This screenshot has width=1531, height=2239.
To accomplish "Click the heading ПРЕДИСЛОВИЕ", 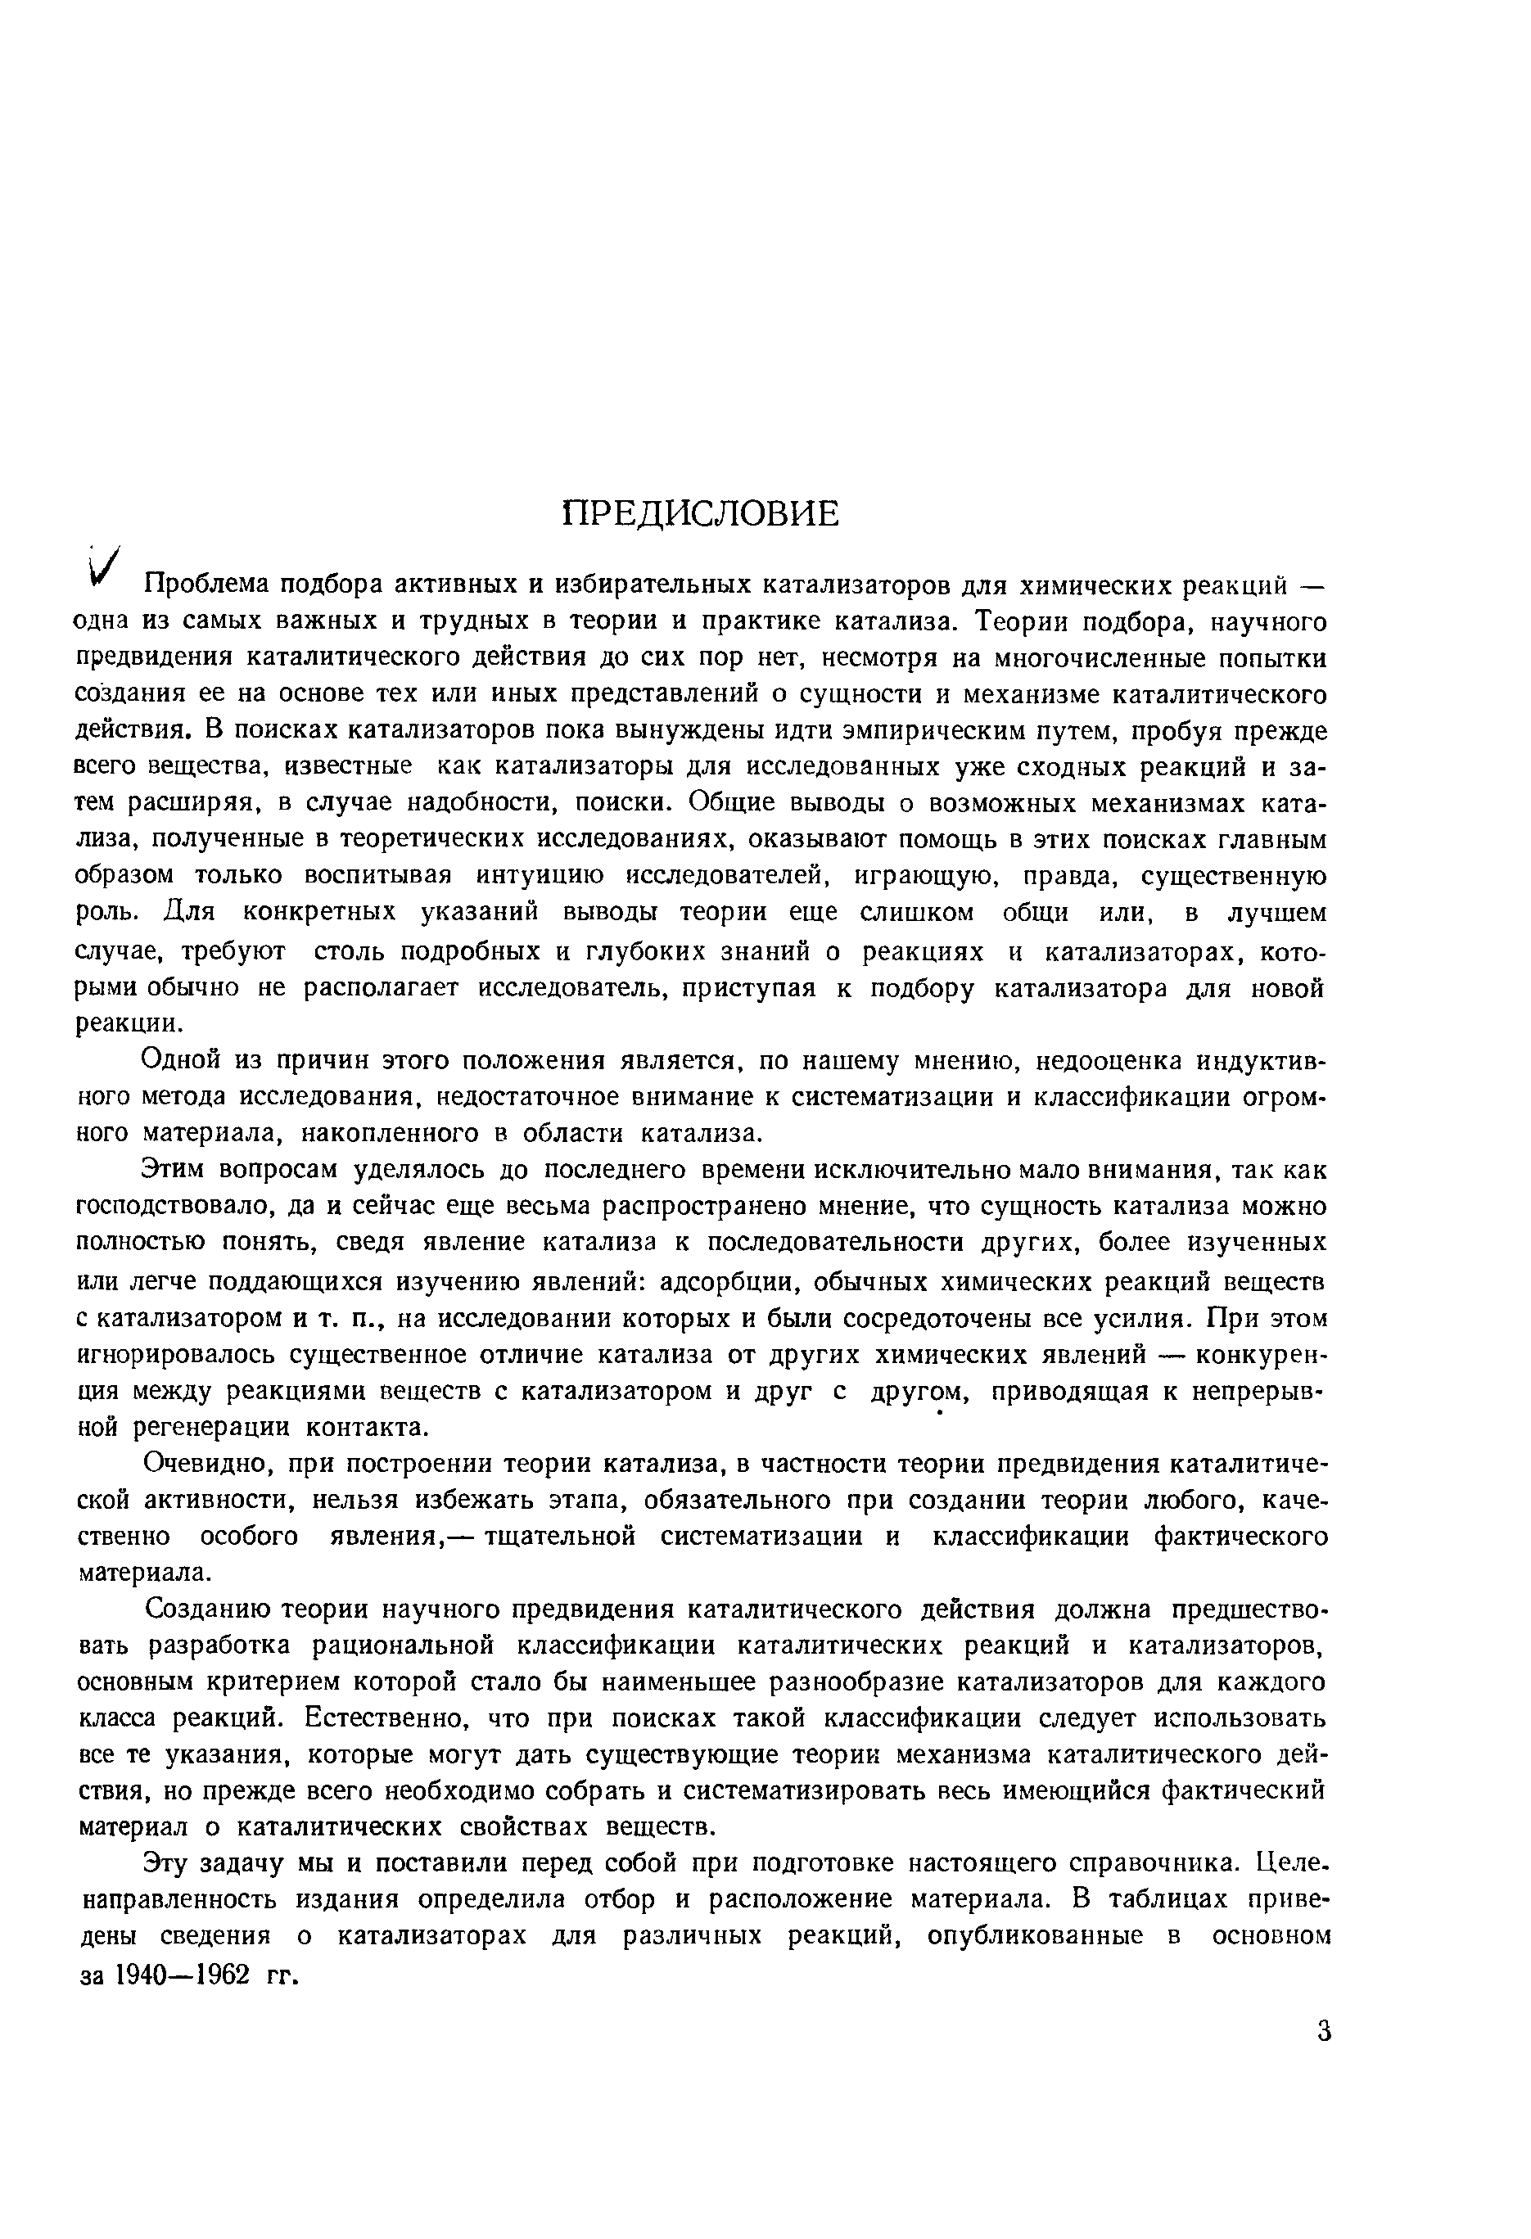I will [701, 514].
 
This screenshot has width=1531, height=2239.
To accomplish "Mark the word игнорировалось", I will [175, 1355].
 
